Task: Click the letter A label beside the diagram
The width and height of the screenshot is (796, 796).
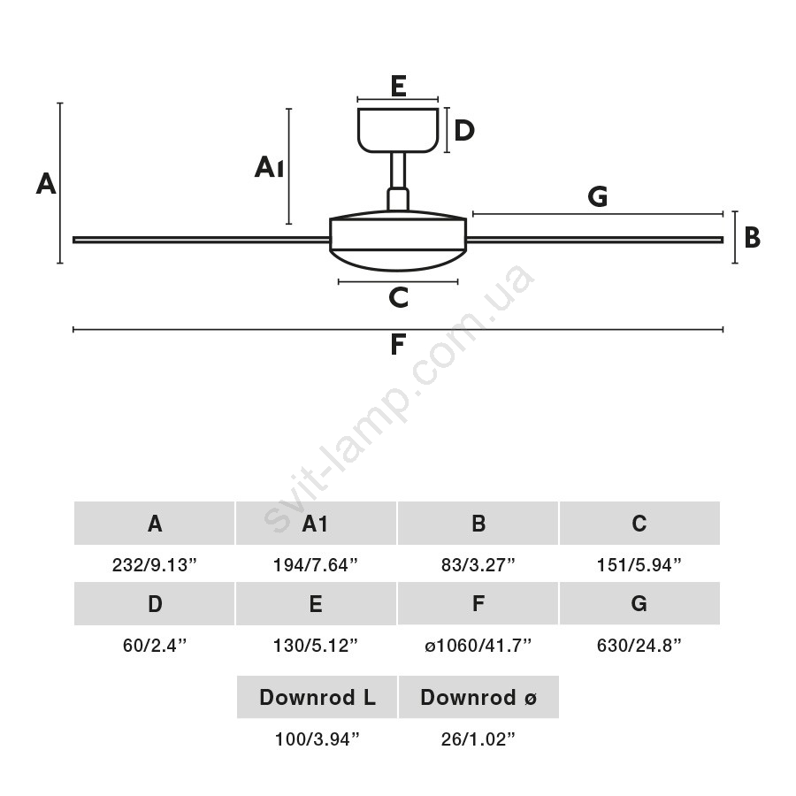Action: (x=46, y=184)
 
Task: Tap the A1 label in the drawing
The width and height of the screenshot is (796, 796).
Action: (x=269, y=166)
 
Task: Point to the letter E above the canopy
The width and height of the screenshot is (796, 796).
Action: (x=398, y=86)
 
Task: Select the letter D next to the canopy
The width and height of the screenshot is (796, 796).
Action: (x=464, y=131)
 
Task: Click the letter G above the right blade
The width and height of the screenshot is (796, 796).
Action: (x=598, y=196)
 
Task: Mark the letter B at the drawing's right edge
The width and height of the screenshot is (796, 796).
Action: (x=753, y=238)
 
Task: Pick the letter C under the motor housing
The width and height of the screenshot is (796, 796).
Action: (x=399, y=298)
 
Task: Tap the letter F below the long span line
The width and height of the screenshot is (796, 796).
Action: (x=398, y=345)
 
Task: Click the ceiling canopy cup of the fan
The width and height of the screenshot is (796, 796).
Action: (x=398, y=130)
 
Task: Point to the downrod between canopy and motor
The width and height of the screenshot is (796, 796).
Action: (x=398, y=172)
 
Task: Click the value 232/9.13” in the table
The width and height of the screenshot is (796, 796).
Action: (x=155, y=564)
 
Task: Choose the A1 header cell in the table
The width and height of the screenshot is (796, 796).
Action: (x=316, y=524)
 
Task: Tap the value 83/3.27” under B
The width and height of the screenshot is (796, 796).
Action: (x=478, y=564)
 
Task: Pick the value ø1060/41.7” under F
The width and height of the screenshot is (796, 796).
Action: (x=478, y=645)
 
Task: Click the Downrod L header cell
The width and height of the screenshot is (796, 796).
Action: (x=317, y=697)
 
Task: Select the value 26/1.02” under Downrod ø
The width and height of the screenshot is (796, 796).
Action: (x=478, y=739)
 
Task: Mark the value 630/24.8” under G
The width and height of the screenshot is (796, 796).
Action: (x=639, y=645)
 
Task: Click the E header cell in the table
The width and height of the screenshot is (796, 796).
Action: (x=316, y=604)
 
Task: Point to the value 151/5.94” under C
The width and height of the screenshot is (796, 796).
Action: (x=639, y=564)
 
